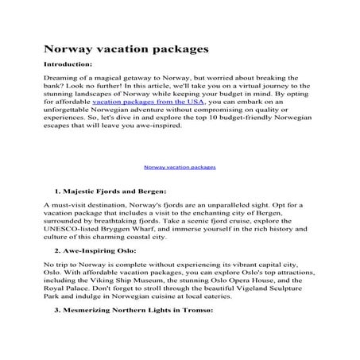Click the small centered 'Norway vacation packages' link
(x=180, y=167)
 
